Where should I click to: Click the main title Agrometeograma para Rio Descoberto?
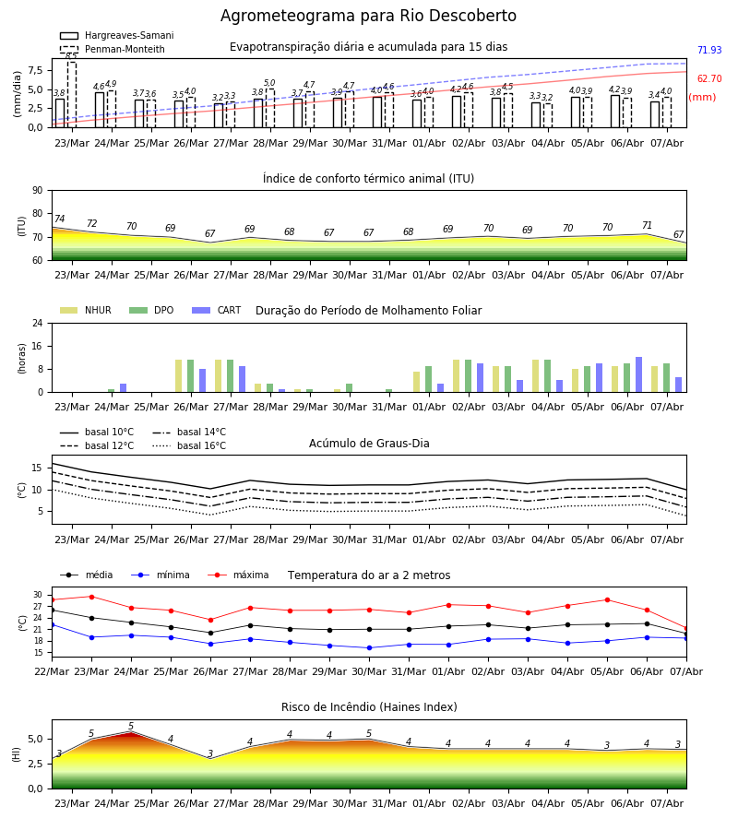coord(368,16)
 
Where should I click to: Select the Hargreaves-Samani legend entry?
coord(116,35)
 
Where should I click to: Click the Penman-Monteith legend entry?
coord(113,49)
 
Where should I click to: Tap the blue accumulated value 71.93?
coord(709,51)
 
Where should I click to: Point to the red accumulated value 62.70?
coord(709,79)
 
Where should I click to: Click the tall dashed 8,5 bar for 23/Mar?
coord(71,95)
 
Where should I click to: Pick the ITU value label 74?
coord(59,219)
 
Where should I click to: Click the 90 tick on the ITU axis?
coord(38,191)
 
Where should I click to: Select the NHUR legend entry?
coord(85,310)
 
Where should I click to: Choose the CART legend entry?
coord(217,310)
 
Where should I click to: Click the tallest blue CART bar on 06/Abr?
coord(639,374)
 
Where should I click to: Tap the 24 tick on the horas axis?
coord(38,323)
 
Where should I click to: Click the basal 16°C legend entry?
coord(189,445)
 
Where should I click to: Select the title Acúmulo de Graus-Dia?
coord(369,444)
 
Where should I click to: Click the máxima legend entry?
coord(238,575)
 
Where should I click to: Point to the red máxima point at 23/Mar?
coord(91,597)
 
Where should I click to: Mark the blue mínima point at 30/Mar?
coord(370,648)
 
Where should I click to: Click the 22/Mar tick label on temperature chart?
coord(52,671)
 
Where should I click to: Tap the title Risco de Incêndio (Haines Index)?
coord(369,707)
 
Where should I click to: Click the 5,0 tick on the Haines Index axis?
coord(36,740)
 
